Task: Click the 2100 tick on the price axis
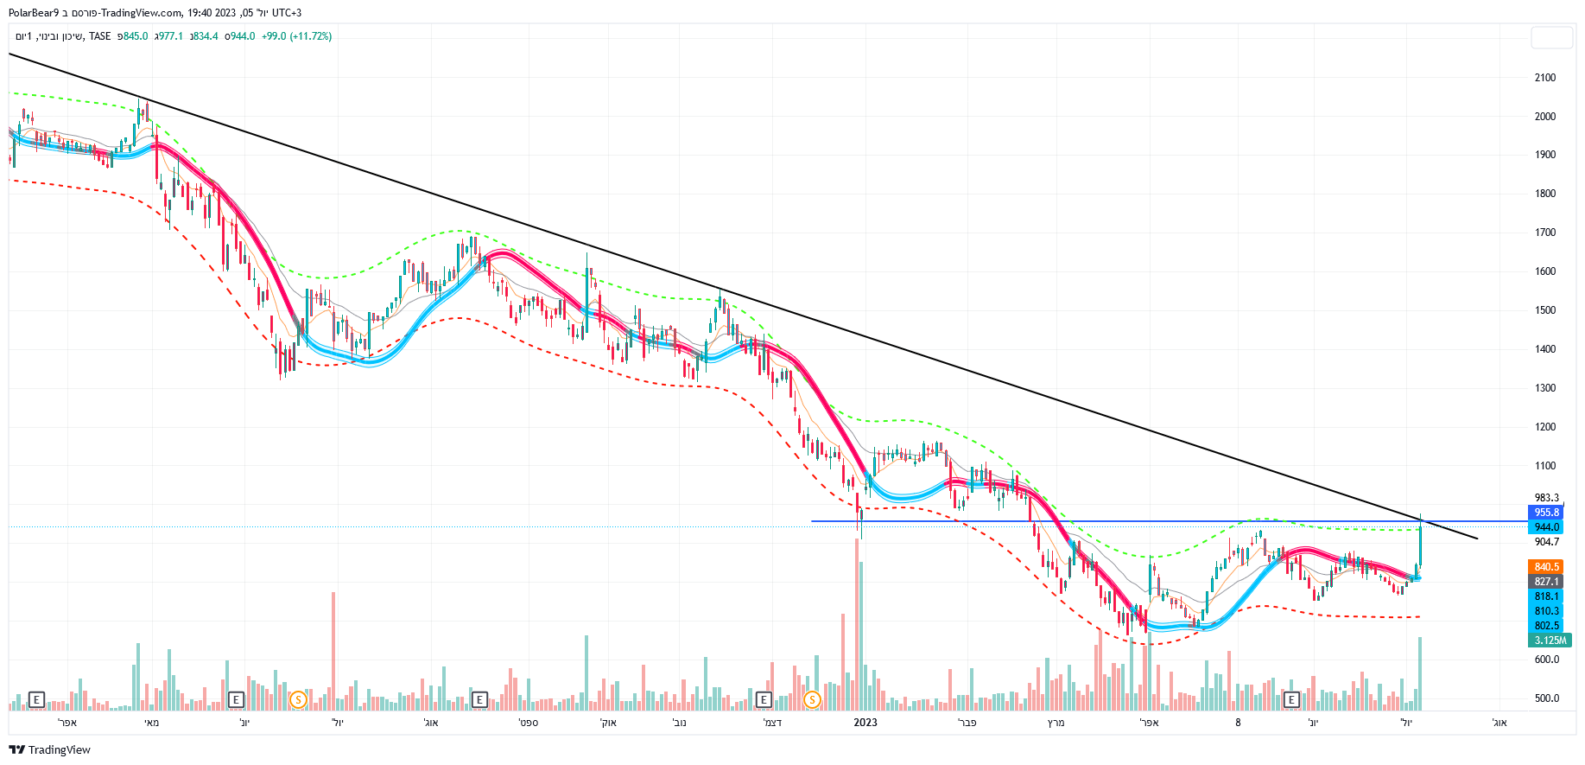pyautogui.click(x=1544, y=78)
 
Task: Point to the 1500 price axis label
pyautogui.click(x=1544, y=310)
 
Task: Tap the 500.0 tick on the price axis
pyautogui.click(x=1546, y=698)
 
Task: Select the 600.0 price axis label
pyautogui.click(x=1546, y=660)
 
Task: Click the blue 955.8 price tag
pyautogui.click(x=1546, y=513)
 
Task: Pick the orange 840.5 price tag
pyautogui.click(x=1546, y=567)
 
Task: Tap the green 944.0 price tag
pyautogui.click(x=1546, y=527)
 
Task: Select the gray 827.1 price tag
pyautogui.click(x=1546, y=582)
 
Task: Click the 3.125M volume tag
pyautogui.click(x=1550, y=641)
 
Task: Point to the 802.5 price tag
pyautogui.click(x=1546, y=626)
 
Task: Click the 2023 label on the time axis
pyautogui.click(x=865, y=723)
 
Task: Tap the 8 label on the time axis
pyautogui.click(x=1238, y=723)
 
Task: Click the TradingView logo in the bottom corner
pyautogui.click(x=49, y=749)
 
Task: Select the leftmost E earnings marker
pyautogui.click(x=36, y=699)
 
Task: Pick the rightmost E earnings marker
pyautogui.click(x=1291, y=699)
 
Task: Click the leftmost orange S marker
pyautogui.click(x=298, y=699)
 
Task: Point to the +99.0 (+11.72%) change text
pyautogui.click(x=296, y=36)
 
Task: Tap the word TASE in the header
pyautogui.click(x=100, y=36)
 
